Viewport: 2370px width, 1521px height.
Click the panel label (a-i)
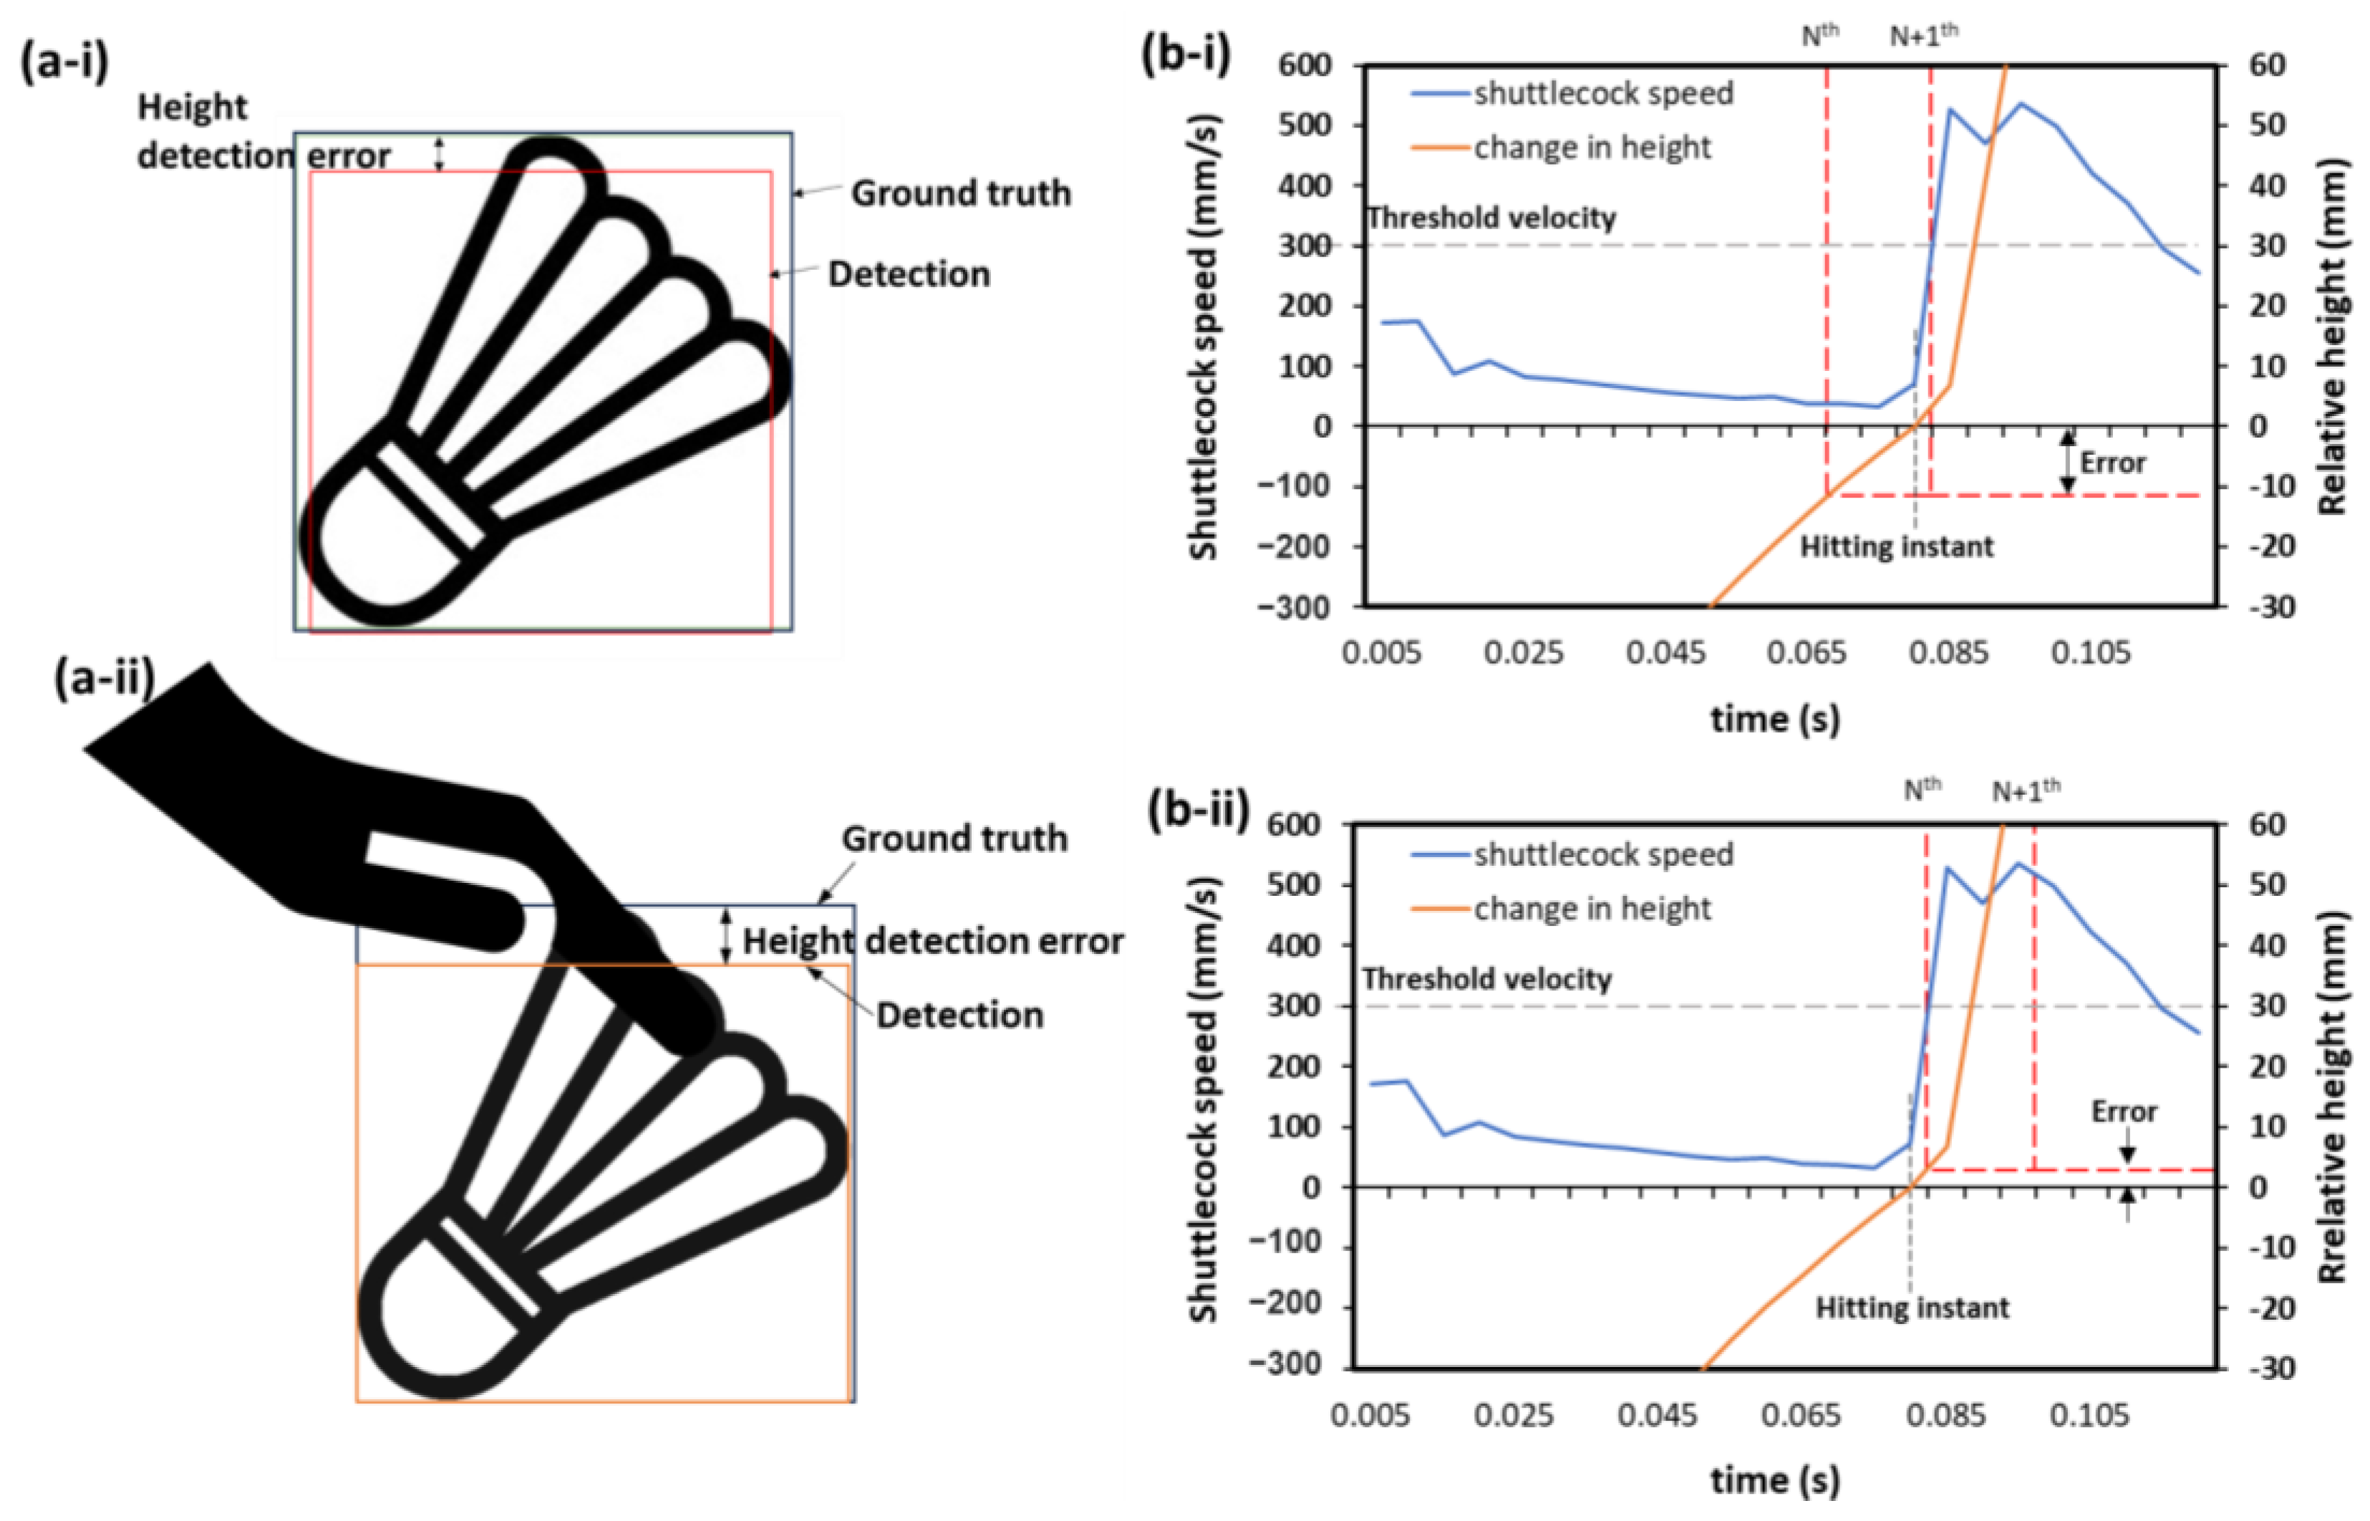(65, 62)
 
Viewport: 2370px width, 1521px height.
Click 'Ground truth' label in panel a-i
(960, 193)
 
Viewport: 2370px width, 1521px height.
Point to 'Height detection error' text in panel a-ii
(932, 940)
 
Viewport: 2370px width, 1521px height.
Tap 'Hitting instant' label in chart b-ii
(1912, 1308)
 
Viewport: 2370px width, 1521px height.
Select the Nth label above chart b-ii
(1922, 789)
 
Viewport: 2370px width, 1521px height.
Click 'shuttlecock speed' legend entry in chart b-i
(1602, 93)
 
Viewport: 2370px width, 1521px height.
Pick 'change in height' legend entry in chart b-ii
(1591, 908)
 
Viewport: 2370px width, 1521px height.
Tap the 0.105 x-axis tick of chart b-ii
(2089, 1415)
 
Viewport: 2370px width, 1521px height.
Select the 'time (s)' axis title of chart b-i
(1774, 718)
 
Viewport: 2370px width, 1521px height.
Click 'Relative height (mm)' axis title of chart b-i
(2333, 336)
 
